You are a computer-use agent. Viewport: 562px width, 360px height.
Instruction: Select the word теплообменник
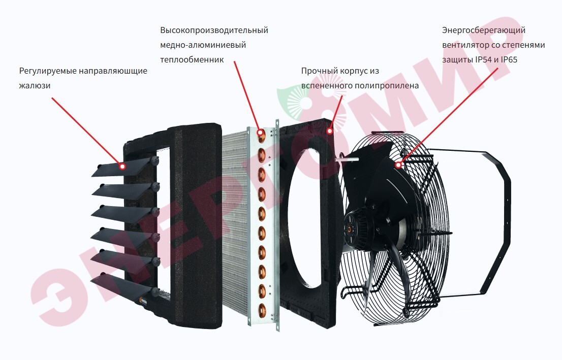coord(192,59)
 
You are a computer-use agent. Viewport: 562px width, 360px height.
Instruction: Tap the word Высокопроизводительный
coord(214,30)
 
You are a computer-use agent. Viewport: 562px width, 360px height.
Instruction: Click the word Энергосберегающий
coord(484,30)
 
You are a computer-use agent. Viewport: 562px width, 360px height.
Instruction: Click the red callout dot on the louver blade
coord(122,165)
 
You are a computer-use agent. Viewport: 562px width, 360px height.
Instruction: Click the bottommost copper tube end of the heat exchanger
coord(262,309)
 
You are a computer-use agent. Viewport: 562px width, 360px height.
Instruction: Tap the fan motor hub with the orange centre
coord(350,228)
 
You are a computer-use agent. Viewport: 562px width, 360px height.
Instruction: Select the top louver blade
coord(122,168)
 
